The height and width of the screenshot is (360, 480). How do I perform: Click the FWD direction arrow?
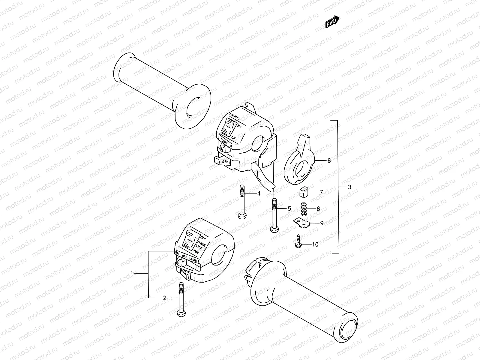pyautogui.click(x=332, y=22)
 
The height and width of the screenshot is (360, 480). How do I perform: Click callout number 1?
pyautogui.click(x=131, y=273)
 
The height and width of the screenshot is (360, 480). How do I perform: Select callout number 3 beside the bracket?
pyautogui.click(x=349, y=187)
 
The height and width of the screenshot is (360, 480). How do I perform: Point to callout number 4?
pyautogui.click(x=259, y=193)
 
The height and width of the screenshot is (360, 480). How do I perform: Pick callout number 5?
pyautogui.click(x=289, y=208)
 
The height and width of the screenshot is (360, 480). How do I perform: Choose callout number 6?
pyautogui.click(x=329, y=160)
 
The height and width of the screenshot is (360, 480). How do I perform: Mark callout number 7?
pyautogui.click(x=321, y=192)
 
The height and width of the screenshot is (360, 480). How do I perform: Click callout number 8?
pyautogui.click(x=318, y=209)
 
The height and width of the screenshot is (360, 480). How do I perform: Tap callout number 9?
pyautogui.click(x=322, y=223)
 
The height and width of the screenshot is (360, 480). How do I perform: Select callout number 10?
pyautogui.click(x=315, y=244)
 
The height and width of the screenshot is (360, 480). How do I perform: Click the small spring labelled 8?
pyautogui.click(x=304, y=209)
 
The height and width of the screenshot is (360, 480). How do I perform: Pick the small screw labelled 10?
pyautogui.click(x=298, y=242)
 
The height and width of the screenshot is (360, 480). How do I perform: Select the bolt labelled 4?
pyautogui.click(x=242, y=204)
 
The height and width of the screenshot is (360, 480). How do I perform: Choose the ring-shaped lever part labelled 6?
pyautogui.click(x=299, y=162)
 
